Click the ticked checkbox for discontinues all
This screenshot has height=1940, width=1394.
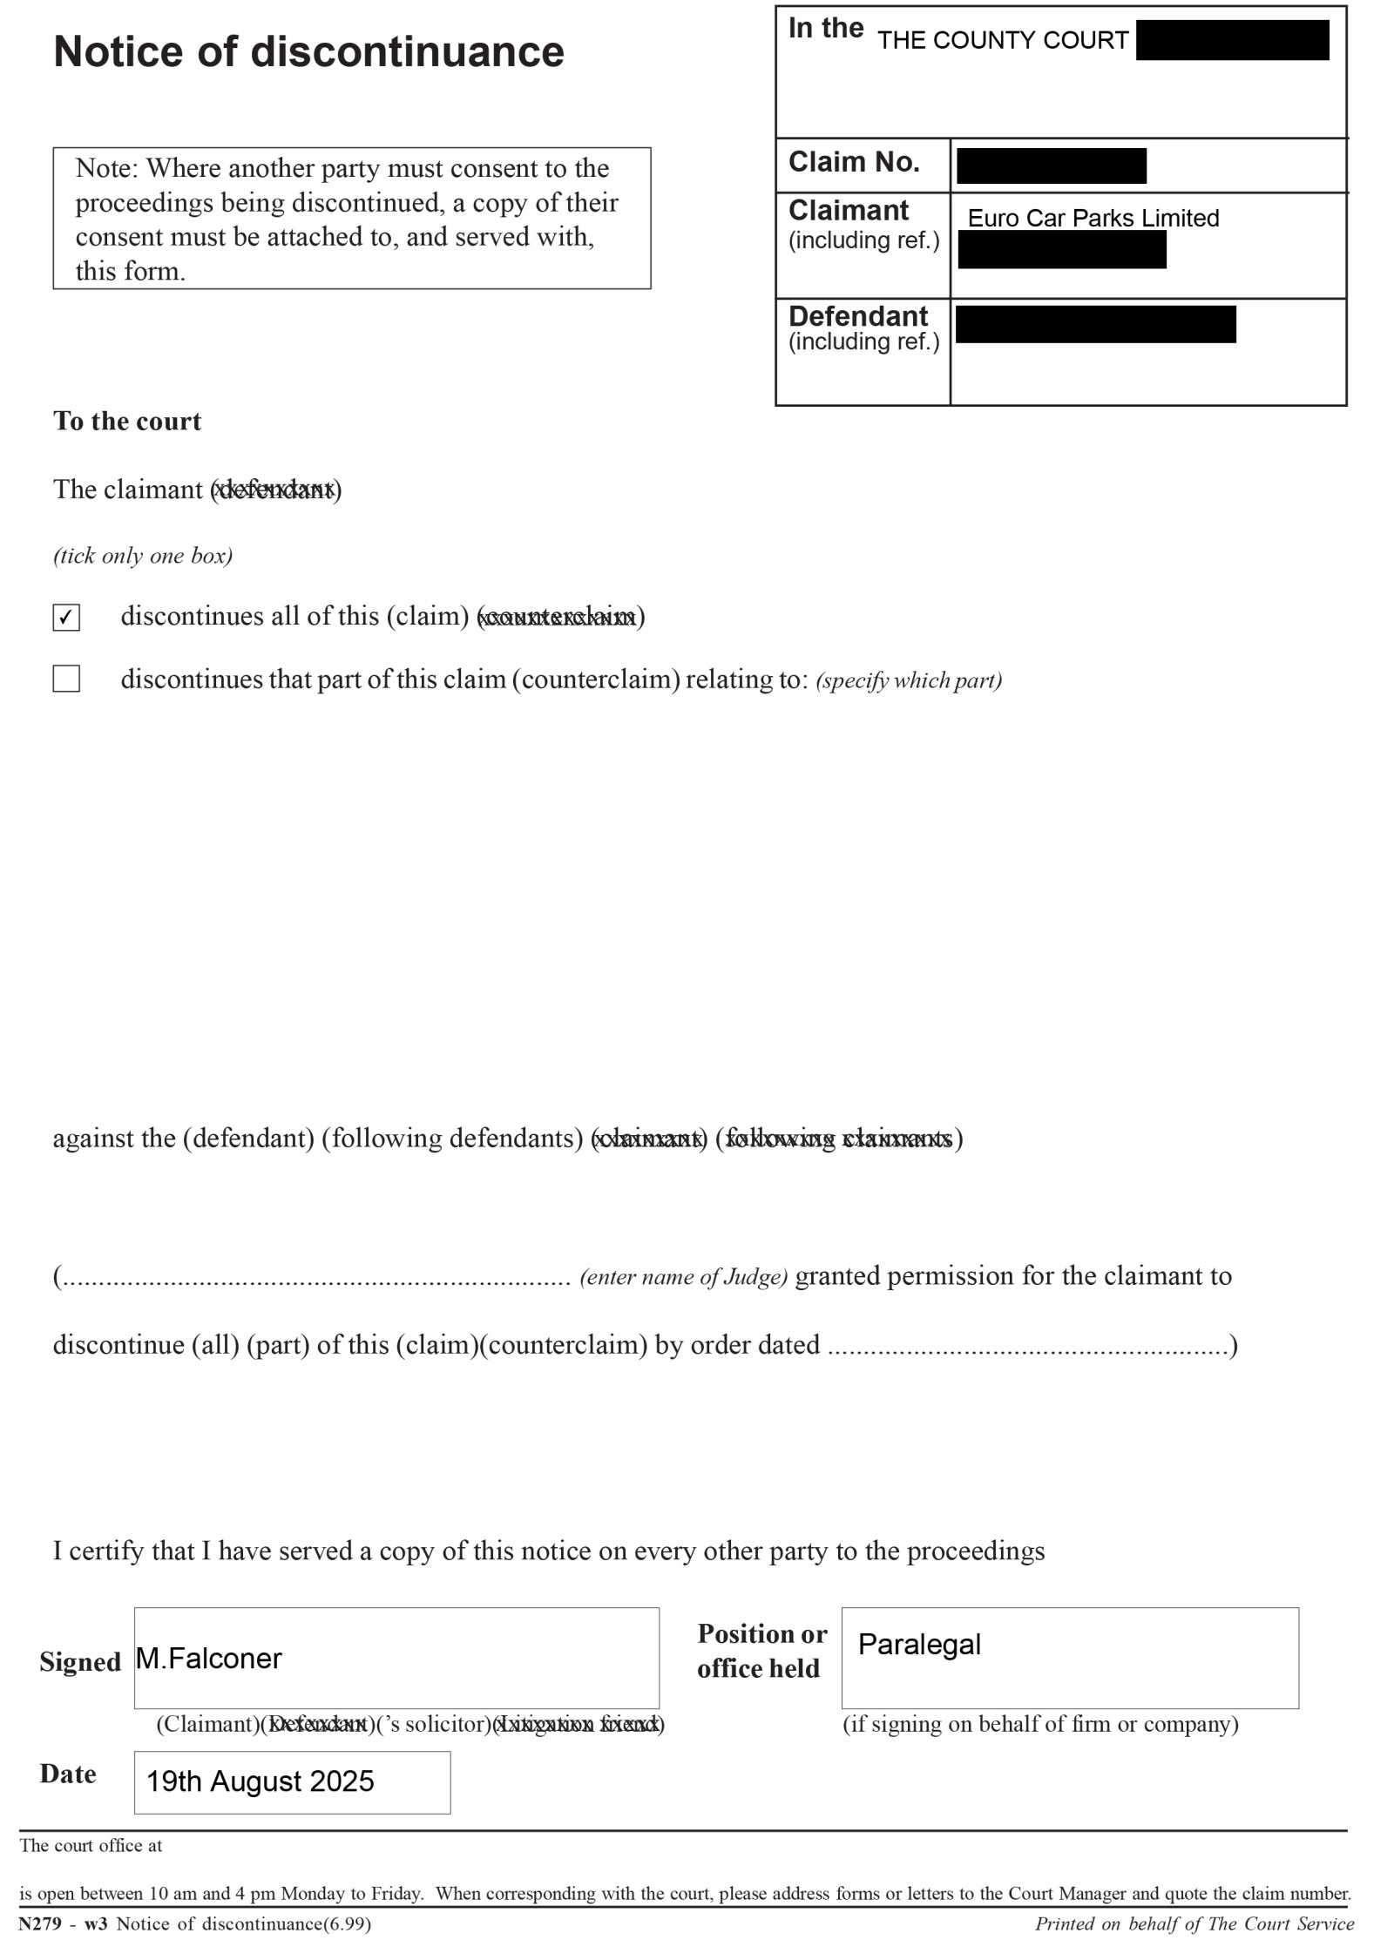(66, 617)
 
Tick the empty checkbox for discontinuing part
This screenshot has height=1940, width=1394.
(66, 679)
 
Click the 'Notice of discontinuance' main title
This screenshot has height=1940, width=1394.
(308, 51)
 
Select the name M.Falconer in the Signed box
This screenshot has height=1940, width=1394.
(209, 1658)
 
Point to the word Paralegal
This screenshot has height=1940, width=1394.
(919, 1644)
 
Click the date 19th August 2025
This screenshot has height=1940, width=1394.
(260, 1781)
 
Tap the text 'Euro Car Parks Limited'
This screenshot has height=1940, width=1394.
(1093, 218)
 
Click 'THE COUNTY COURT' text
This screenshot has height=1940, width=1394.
(1002, 40)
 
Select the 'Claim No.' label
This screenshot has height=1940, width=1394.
(854, 162)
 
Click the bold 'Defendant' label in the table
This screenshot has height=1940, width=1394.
(858, 315)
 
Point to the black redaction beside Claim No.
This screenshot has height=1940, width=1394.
(1051, 166)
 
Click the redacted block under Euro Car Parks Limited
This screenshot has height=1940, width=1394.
(1061, 250)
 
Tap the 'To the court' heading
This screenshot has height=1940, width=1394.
(127, 421)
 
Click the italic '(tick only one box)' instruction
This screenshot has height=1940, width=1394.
(143, 556)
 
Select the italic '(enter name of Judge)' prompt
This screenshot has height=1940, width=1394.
(683, 1277)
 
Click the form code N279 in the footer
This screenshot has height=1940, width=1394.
(40, 1923)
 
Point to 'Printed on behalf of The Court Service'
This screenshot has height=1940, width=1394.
(1194, 1923)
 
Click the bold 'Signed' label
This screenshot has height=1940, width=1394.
(80, 1661)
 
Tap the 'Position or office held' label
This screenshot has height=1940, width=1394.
(761, 1651)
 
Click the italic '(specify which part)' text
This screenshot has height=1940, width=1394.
(908, 680)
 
